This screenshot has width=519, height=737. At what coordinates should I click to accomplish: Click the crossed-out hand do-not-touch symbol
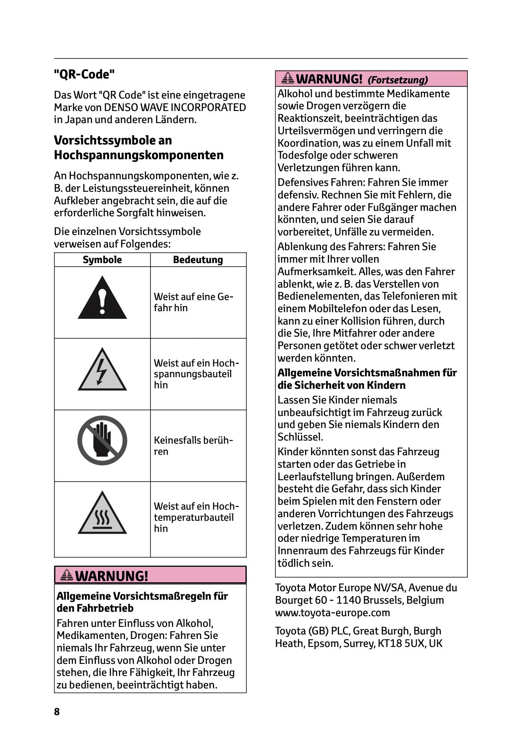(102, 441)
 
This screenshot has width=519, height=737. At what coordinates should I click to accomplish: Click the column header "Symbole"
(102, 259)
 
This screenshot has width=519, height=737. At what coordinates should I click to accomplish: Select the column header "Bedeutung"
(198, 259)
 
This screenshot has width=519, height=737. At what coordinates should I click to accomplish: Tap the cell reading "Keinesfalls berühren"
(193, 445)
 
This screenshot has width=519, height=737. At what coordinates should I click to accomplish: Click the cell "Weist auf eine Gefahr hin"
(193, 302)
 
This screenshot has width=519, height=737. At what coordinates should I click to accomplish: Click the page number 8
(57, 712)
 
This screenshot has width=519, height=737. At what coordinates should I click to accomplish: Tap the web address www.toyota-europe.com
(332, 612)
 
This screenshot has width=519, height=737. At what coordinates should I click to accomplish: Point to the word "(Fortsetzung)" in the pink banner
(397, 80)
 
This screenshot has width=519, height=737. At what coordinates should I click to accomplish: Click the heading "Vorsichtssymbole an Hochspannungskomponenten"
(139, 148)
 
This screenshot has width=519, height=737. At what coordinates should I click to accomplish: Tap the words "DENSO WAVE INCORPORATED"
(175, 107)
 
